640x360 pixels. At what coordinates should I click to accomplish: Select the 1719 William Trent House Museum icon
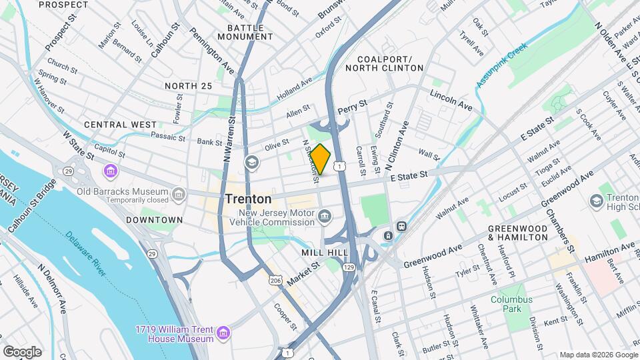(x=223, y=332)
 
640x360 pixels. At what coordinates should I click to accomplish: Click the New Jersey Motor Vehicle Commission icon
(x=325, y=215)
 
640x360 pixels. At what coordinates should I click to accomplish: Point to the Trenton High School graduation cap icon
(x=596, y=201)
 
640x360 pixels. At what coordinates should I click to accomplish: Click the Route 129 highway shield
(x=348, y=267)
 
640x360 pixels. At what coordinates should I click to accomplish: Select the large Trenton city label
(x=248, y=199)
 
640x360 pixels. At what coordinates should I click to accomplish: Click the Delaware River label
(x=85, y=253)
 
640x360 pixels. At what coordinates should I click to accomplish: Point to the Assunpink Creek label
(x=501, y=65)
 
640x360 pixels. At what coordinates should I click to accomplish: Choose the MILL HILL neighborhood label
(x=325, y=253)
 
